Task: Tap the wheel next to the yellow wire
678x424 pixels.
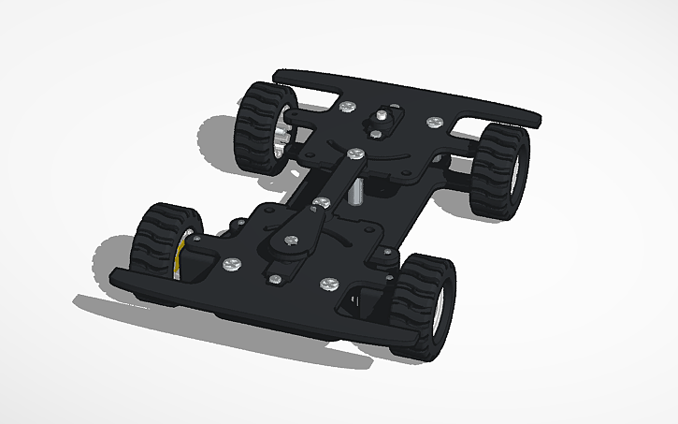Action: pyautogui.click(x=159, y=245)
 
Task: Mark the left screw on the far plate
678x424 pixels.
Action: pyautogui.click(x=349, y=107)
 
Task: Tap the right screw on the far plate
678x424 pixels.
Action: pyautogui.click(x=436, y=122)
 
